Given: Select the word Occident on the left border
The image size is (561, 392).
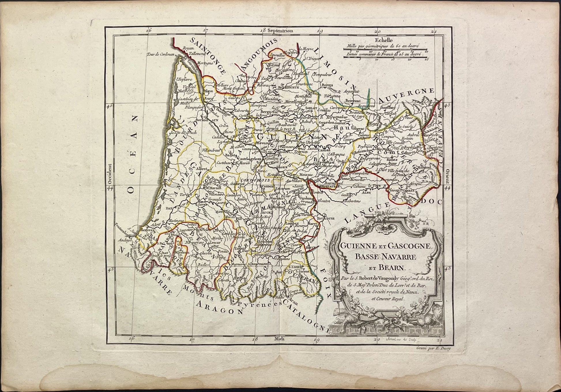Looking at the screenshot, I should click(x=110, y=174).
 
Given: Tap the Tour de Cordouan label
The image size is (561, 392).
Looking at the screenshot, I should click(x=159, y=54).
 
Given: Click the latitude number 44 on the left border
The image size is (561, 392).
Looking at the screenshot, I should click(x=110, y=187).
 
